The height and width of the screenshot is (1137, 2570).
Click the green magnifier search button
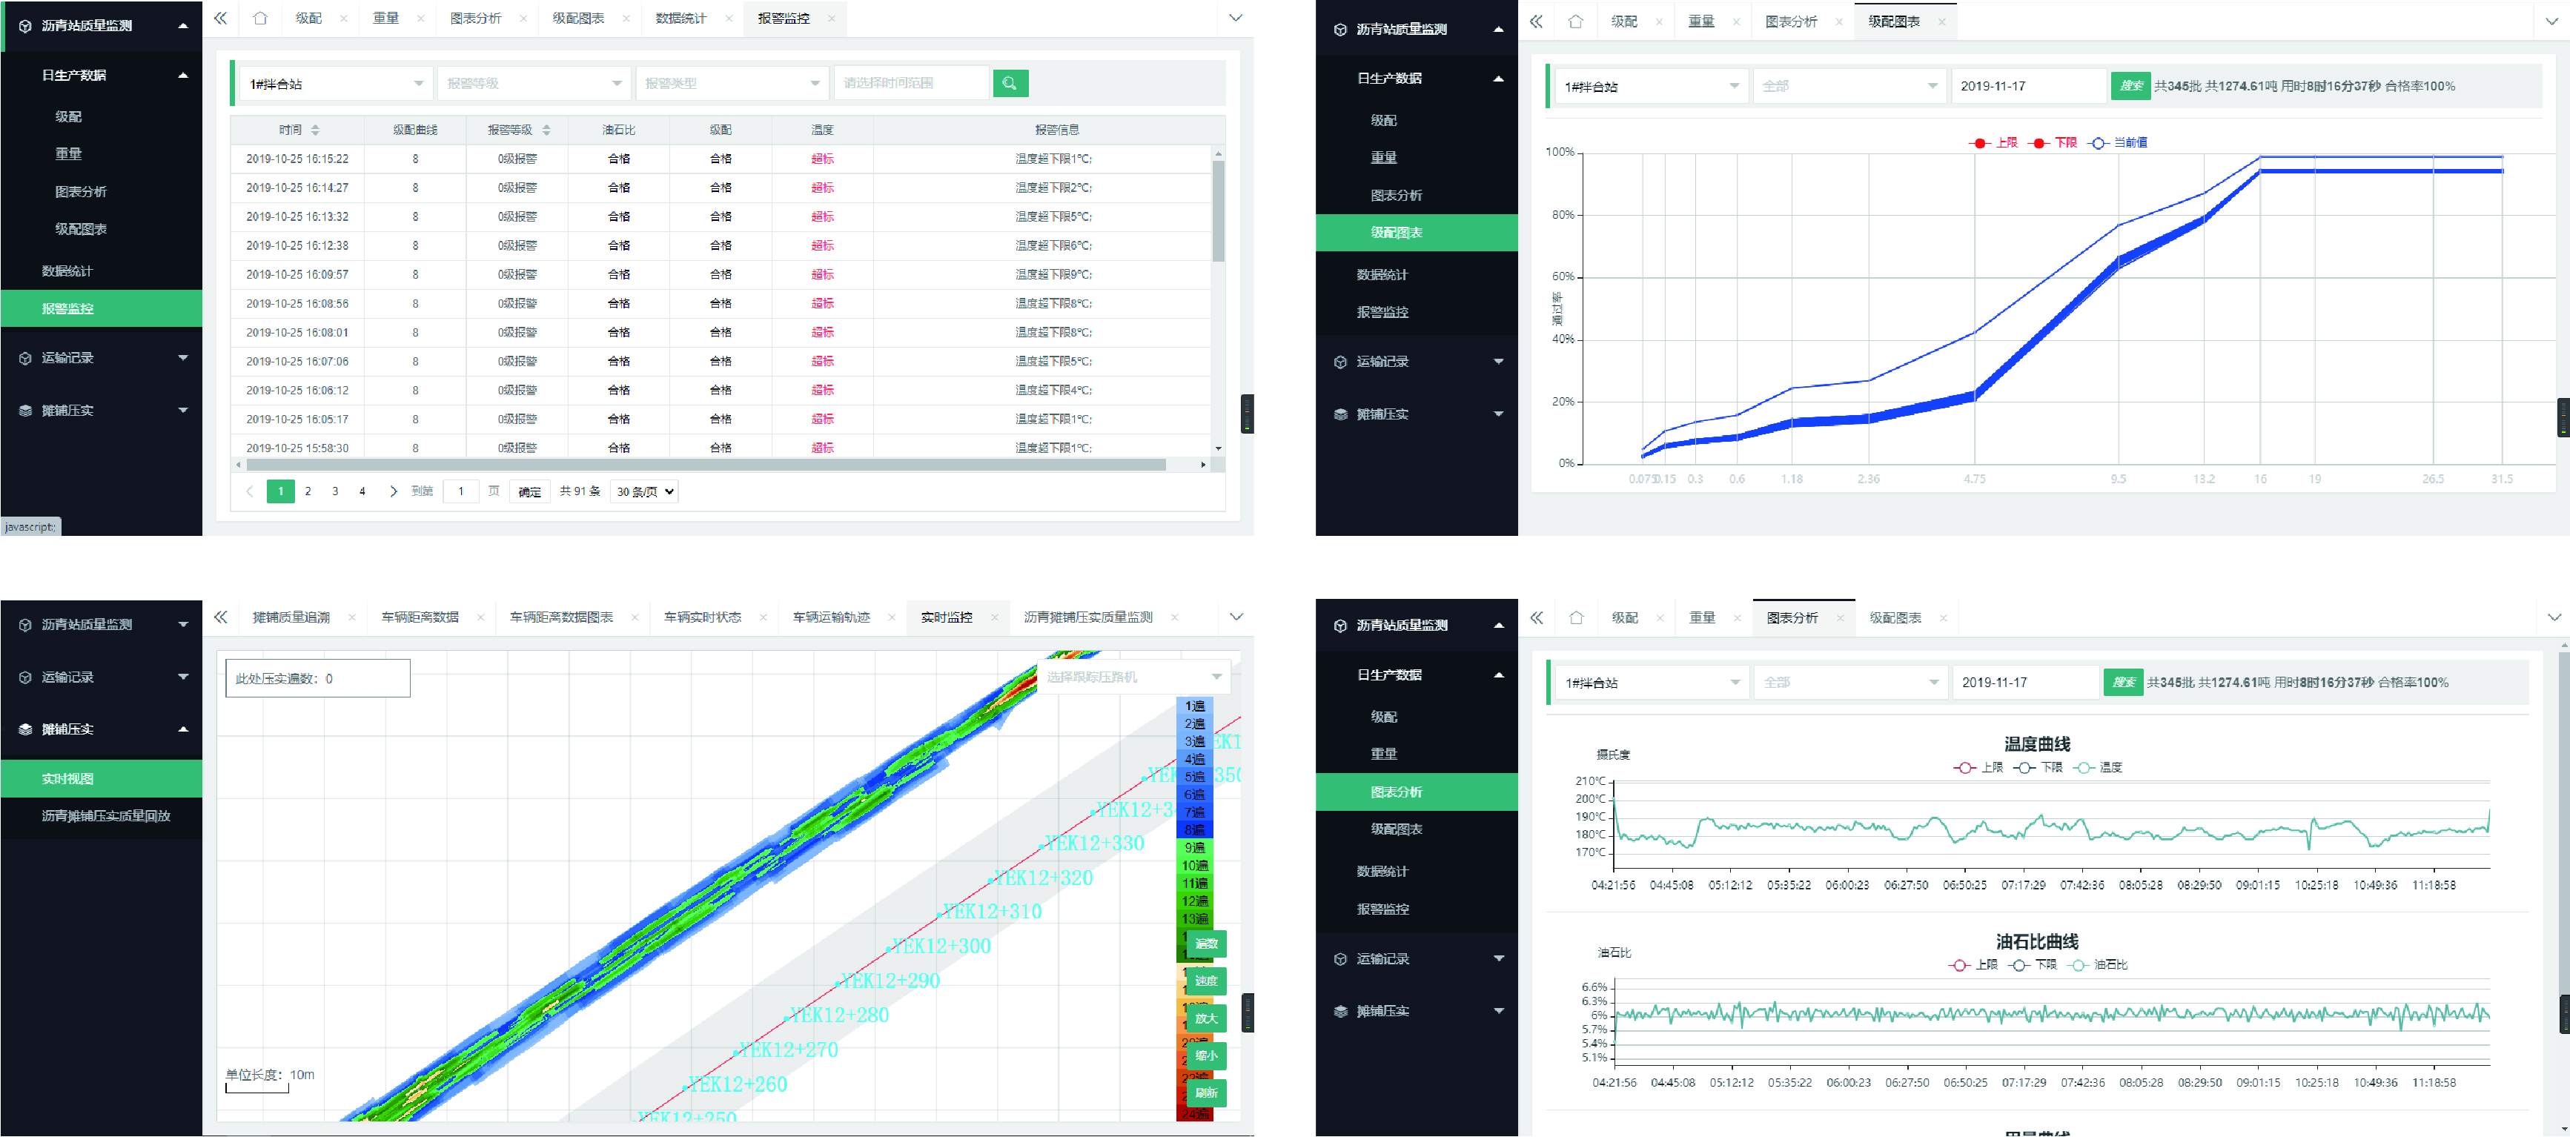(1010, 84)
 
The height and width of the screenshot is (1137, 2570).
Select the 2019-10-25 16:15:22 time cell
(297, 159)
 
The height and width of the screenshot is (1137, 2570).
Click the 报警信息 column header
(1056, 130)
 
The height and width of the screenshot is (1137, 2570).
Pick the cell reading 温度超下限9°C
(1053, 274)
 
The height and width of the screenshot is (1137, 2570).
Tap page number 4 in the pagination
(362, 491)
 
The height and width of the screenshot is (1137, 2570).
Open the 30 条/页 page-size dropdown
(644, 491)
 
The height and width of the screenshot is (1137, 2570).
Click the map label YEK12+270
(788, 1050)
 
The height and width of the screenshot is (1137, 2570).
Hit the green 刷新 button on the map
(1205, 1093)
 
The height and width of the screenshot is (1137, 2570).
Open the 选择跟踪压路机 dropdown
(1133, 677)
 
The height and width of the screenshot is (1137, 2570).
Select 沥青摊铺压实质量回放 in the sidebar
(106, 816)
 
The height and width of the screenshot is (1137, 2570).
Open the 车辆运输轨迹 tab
(830, 617)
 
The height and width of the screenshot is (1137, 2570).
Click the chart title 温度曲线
(2036, 744)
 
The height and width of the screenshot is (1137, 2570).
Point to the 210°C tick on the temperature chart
(1590, 781)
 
